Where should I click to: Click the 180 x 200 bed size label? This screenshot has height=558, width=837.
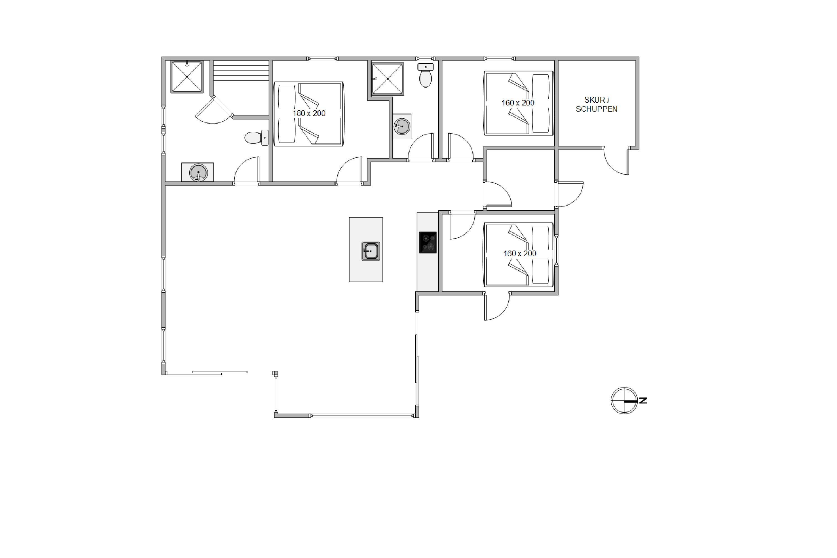pos(309,114)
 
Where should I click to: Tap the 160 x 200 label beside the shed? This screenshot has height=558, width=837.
pos(518,103)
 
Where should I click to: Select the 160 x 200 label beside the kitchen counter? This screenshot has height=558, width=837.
pos(519,254)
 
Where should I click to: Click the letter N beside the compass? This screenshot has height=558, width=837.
pos(643,401)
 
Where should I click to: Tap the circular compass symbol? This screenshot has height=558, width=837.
pos(624,401)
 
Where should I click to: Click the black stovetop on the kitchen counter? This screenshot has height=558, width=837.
pos(428,243)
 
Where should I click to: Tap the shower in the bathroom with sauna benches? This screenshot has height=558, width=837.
pos(187,77)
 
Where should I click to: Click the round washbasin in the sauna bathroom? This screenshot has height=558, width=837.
pos(198,173)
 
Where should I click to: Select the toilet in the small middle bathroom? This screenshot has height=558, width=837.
pos(426,75)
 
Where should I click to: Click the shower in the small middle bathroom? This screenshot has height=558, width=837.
pos(388,79)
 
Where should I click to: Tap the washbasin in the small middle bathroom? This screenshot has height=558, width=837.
pos(402,126)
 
